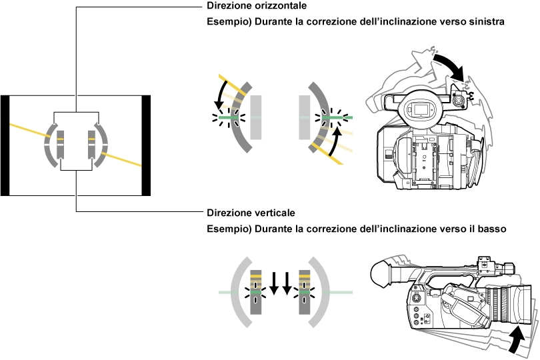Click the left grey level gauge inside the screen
pos(60,145)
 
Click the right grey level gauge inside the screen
pos(91,145)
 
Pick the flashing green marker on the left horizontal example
pos(228,117)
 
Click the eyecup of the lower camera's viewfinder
pos(379,273)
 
